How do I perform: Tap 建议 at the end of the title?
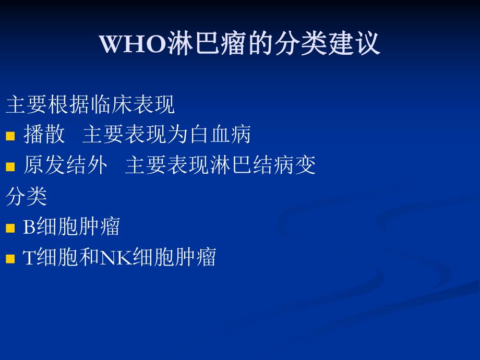pos(354,44)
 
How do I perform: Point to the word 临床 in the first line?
pos(111,104)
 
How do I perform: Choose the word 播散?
pos(44,135)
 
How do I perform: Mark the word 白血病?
pos(230,135)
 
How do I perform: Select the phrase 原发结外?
pos(66,165)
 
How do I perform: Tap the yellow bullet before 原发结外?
pos(10,167)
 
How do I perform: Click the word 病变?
pos(295,165)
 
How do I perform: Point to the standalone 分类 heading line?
pos(27,196)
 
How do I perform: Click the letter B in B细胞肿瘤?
pos(29,227)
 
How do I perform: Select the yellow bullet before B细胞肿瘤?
pos(10,229)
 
